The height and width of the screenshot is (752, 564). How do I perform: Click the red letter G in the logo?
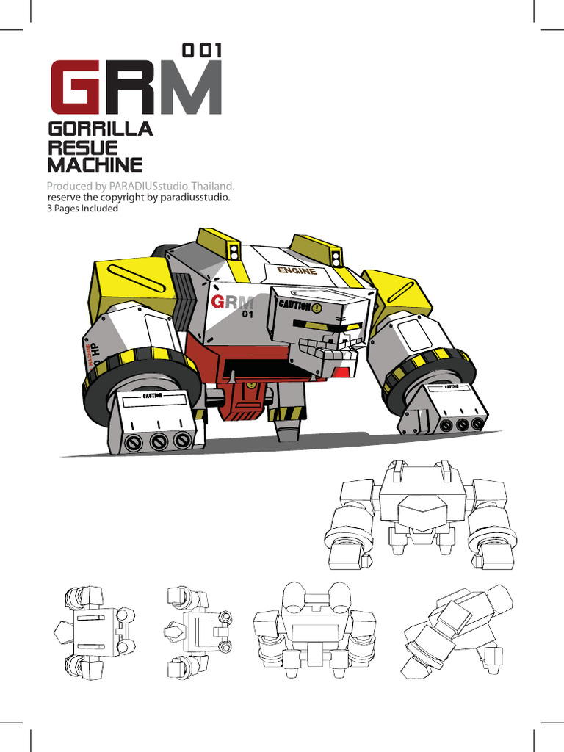coord(76,87)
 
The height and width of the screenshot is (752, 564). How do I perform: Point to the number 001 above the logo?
coord(201,51)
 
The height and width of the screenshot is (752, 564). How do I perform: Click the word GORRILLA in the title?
coord(100,129)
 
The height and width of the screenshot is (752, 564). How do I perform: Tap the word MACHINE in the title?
coord(95,164)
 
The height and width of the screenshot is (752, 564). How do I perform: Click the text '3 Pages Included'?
coord(82,209)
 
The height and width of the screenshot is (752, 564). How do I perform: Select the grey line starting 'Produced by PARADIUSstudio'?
coord(140,187)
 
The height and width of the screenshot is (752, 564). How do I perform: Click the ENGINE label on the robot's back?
coord(297,271)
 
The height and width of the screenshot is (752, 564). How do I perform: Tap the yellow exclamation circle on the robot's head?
coord(317,308)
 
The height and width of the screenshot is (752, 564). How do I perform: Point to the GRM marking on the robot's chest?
coord(231,303)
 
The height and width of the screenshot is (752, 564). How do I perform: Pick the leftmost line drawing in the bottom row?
coord(94,630)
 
